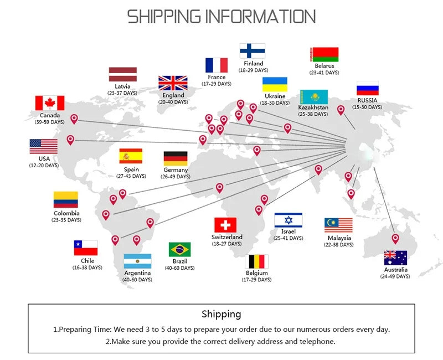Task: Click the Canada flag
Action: pyautogui.click(x=50, y=103)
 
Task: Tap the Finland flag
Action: pyautogui.click(x=253, y=51)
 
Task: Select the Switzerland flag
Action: pyautogui.click(x=225, y=225)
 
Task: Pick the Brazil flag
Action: pyautogui.click(x=179, y=250)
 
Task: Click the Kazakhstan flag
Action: pyautogui.click(x=314, y=97)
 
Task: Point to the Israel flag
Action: pyautogui.click(x=288, y=220)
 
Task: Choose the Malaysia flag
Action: pyautogui.click(x=338, y=225)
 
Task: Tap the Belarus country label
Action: pyautogui.click(x=324, y=66)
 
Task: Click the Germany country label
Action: pyautogui.click(x=176, y=170)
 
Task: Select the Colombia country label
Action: pyautogui.click(x=66, y=213)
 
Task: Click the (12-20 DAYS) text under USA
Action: pyautogui.click(x=44, y=165)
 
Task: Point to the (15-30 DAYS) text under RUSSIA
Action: pyautogui.click(x=367, y=107)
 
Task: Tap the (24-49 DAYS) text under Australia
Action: pyautogui.click(x=395, y=276)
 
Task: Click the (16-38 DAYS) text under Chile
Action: pyautogui.click(x=87, y=268)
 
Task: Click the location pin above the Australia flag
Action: pyautogui.click(x=395, y=239)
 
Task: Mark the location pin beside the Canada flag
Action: pyautogui.click(x=74, y=119)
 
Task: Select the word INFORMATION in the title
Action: pyautogui.click(x=260, y=17)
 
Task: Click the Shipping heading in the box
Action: pyautogui.click(x=221, y=314)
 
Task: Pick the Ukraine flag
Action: pyautogui.click(x=275, y=84)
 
